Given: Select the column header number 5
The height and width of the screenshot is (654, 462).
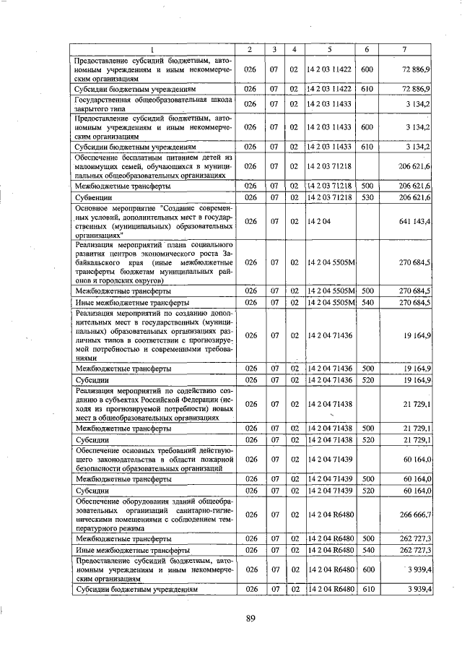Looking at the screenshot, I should pyautogui.click(x=329, y=49).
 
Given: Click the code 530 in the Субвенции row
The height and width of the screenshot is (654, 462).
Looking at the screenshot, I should pyautogui.click(x=367, y=197).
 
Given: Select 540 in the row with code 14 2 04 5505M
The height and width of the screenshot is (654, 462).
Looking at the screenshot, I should pyautogui.click(x=367, y=301).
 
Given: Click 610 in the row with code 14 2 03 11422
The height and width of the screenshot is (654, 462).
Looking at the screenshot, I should pyautogui.click(x=367, y=88).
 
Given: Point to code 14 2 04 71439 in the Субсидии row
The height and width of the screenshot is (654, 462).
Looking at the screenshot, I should pyautogui.click(x=329, y=491).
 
